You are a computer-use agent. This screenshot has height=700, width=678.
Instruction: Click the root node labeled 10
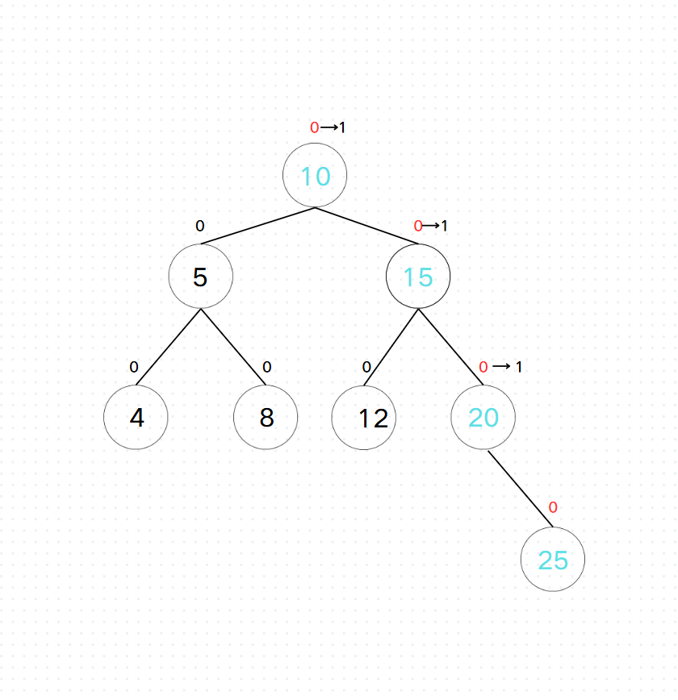pyautogui.click(x=315, y=176)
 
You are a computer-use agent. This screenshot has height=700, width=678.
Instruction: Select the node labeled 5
pyautogui.click(x=201, y=277)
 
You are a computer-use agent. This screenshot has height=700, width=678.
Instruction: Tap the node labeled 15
pyautogui.click(x=418, y=277)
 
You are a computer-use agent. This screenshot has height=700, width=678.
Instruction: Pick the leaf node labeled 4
pyautogui.click(x=136, y=418)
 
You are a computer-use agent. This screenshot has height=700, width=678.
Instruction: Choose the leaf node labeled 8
pyautogui.click(x=266, y=418)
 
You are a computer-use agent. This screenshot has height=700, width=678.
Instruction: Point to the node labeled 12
pyautogui.click(x=364, y=418)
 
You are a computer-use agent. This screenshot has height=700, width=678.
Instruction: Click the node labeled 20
pyautogui.click(x=483, y=418)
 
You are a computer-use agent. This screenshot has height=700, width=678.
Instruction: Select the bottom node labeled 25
pyautogui.click(x=553, y=560)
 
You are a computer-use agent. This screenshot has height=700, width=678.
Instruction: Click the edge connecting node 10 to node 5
pyautogui.click(x=258, y=225)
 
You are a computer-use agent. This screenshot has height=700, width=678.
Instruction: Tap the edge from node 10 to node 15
pyautogui.click(x=366, y=225)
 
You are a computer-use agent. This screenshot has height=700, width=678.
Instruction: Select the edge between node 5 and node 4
pyautogui.click(x=169, y=347)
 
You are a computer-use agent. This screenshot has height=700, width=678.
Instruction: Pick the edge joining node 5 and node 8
pyautogui.click(x=233, y=347)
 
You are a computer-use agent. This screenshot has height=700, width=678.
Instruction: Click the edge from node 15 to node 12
pyautogui.click(x=391, y=347)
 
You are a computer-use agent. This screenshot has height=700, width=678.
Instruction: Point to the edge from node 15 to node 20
pyautogui.click(x=450, y=347)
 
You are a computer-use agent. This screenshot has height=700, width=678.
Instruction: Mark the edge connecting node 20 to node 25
pyautogui.click(x=521, y=489)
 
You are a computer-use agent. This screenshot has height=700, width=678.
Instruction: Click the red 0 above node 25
pyautogui.click(x=553, y=507)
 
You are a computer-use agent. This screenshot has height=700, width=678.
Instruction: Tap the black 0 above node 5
pyautogui.click(x=200, y=226)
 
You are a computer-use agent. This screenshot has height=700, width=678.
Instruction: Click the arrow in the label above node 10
pyautogui.click(x=329, y=127)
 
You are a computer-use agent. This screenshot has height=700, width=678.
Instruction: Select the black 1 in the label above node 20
pyautogui.click(x=519, y=367)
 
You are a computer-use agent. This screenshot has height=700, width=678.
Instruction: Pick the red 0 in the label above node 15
pyautogui.click(x=418, y=226)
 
